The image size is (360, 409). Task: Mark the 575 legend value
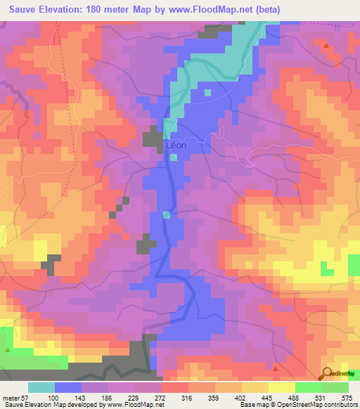(x=347, y=398)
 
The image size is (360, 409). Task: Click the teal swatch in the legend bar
(x=41, y=387)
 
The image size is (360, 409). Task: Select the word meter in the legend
(x=12, y=398)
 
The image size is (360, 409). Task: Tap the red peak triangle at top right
(x=326, y=45)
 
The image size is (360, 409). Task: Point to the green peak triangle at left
(x=8, y=349)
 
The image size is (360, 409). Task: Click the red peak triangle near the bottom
(x=276, y=368)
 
